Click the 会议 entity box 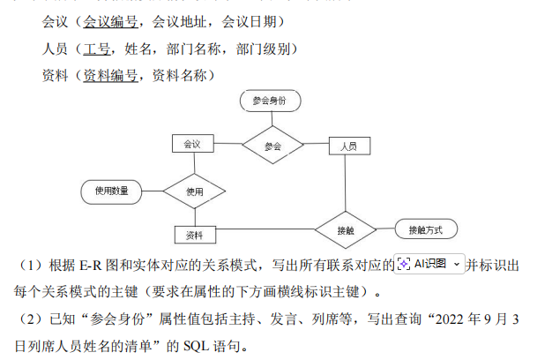(192, 143)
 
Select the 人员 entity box (348, 146)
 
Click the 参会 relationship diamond (272, 145)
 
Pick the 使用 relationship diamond (195, 191)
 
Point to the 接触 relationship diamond (345, 229)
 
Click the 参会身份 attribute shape (270, 101)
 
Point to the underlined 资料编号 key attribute (111, 76)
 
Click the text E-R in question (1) (91, 265)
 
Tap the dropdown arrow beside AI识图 (456, 264)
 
